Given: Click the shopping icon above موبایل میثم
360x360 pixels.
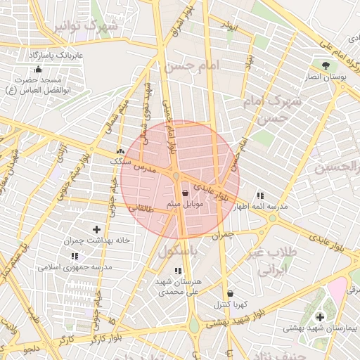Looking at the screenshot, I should click(x=185, y=193).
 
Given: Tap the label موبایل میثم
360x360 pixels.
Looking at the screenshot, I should click(x=185, y=203).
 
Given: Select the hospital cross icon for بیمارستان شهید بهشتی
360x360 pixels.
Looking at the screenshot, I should click(x=321, y=317).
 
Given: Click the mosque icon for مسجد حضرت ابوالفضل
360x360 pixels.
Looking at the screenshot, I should click(x=37, y=70).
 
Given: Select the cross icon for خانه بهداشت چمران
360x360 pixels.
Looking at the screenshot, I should click(x=96, y=229).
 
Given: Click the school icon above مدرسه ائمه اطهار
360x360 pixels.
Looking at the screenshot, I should click(x=261, y=195).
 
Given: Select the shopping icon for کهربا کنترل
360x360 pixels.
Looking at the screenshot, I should click(x=231, y=294).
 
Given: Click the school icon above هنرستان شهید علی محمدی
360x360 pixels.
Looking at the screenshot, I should click(x=177, y=271).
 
